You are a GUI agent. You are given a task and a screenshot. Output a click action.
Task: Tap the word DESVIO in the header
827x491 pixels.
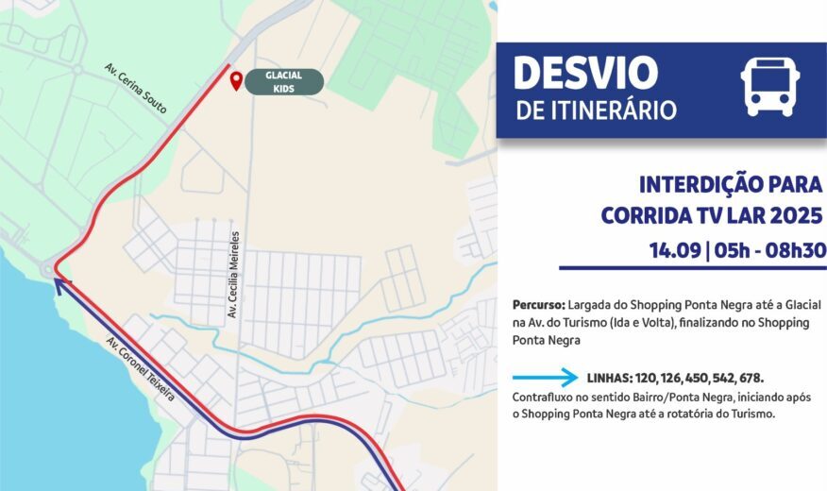(584, 74)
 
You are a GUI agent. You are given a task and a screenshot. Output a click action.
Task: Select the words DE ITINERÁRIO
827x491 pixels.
(596, 110)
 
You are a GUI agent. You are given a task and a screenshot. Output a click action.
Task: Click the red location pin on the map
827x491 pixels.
(235, 82)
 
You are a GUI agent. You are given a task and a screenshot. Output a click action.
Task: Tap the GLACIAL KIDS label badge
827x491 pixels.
(284, 82)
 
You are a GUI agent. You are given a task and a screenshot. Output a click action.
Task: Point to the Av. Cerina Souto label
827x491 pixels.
(136, 89)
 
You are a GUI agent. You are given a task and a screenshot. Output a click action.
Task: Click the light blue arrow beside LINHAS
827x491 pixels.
(545, 378)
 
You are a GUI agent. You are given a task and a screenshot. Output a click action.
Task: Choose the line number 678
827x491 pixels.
(748, 378)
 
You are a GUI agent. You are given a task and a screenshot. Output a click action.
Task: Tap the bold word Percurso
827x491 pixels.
(539, 306)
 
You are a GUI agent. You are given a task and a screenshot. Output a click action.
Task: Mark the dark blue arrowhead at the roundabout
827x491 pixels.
(59, 280)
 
